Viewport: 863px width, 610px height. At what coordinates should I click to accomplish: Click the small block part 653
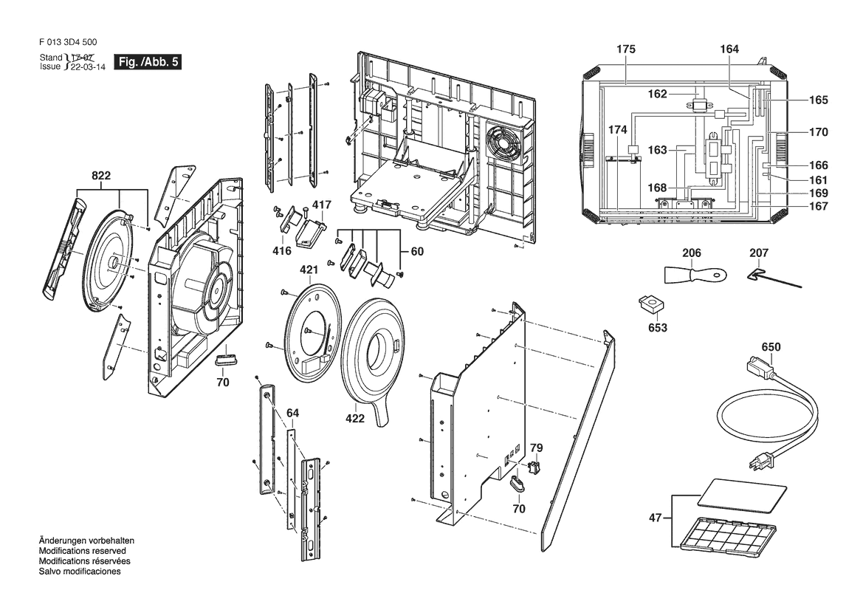pyautogui.click(x=650, y=303)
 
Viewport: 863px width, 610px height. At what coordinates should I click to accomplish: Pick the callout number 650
pyautogui.click(x=771, y=346)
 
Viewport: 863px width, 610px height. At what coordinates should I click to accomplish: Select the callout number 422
pyautogui.click(x=355, y=418)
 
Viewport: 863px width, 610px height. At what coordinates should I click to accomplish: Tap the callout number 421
pyautogui.click(x=310, y=271)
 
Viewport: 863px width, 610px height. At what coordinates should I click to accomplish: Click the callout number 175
pyautogui.click(x=625, y=49)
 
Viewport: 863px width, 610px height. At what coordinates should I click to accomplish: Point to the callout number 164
pyautogui.click(x=729, y=49)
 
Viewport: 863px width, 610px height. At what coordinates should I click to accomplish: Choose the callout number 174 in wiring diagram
pyautogui.click(x=617, y=130)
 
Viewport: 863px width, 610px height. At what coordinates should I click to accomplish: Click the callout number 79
pyautogui.click(x=537, y=447)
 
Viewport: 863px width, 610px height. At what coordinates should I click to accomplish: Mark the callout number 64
pyautogui.click(x=293, y=411)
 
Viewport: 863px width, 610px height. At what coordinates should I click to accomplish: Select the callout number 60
pyautogui.click(x=417, y=252)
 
